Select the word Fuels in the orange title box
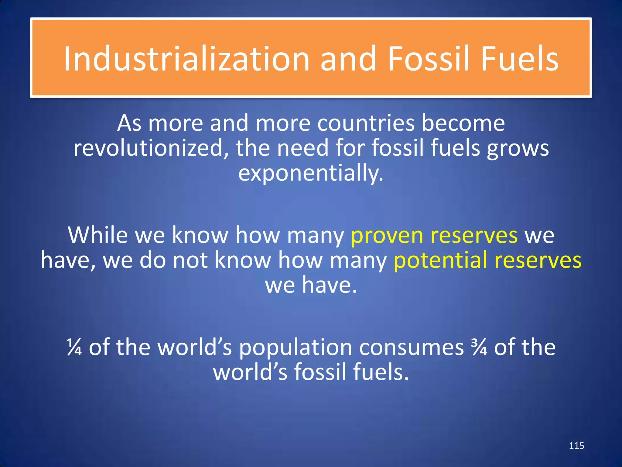[520, 58]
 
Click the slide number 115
[576, 446]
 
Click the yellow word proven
[387, 236]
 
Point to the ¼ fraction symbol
[74, 347]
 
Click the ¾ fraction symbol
[479, 347]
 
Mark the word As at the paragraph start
[129, 123]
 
